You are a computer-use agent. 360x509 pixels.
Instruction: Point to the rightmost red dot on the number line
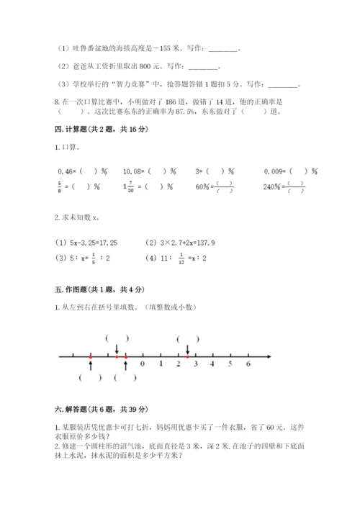187,356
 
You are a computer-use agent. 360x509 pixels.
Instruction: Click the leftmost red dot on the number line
90,356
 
